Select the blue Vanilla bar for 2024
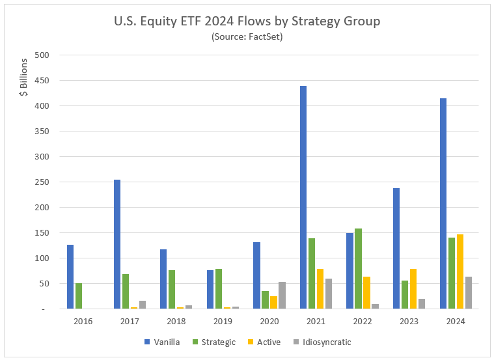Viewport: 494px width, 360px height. click(x=443, y=203)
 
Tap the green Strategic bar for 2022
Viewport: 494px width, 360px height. click(x=359, y=268)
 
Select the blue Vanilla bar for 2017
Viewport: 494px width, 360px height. click(x=117, y=244)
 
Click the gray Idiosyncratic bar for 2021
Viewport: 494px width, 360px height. click(x=329, y=294)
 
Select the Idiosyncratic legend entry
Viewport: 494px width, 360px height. click(x=325, y=342)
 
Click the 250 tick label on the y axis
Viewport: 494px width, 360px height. click(x=42, y=182)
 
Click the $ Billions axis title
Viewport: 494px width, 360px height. click(x=23, y=77)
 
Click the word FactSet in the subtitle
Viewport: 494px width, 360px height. click(x=264, y=37)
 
